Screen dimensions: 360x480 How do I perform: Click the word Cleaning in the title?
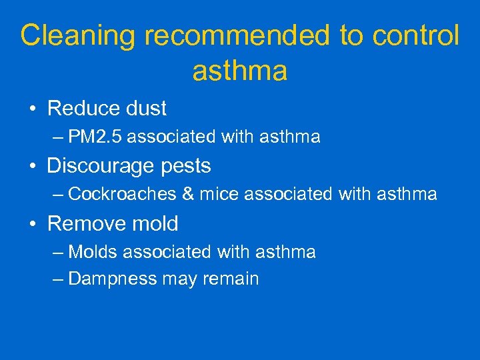pos(78,37)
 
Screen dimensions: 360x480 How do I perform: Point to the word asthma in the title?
pos(240,71)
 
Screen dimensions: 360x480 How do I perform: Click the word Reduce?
pos(83,108)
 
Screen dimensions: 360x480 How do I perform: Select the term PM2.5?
pos(95,137)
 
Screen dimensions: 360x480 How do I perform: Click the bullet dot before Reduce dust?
pos(33,109)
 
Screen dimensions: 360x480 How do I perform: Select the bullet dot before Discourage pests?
pos(33,166)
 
